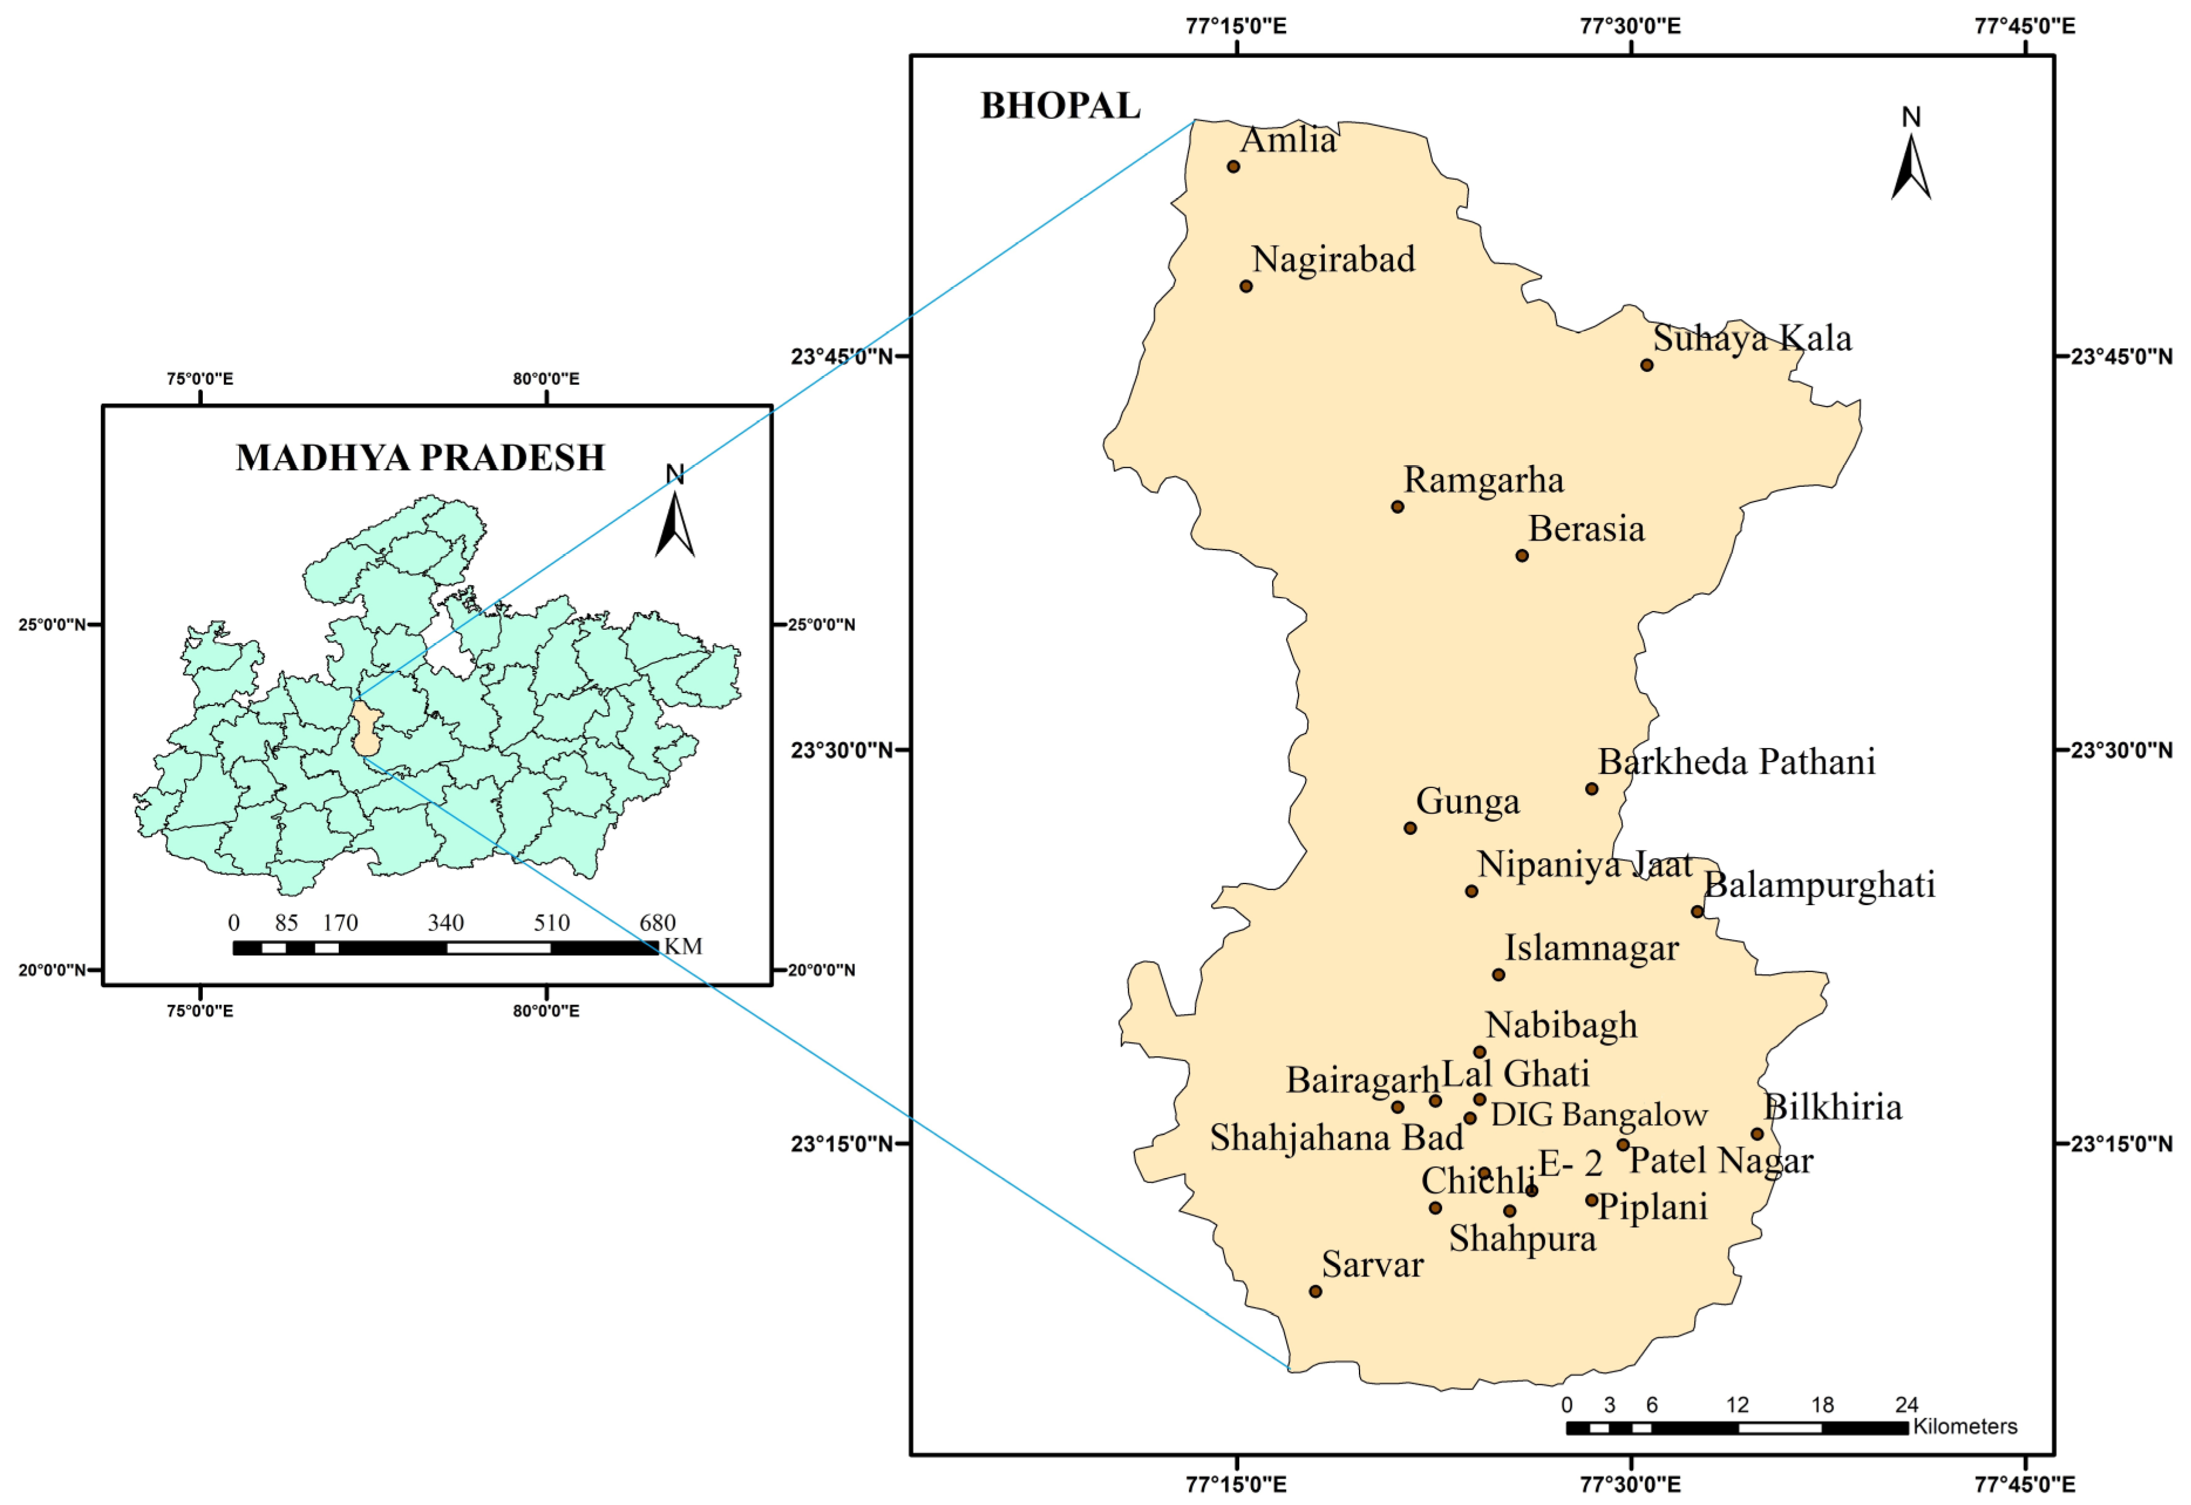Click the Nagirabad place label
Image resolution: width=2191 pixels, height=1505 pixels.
1333,260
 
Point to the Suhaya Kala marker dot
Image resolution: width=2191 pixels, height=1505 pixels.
1647,365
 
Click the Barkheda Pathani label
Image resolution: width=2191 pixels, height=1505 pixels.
1736,762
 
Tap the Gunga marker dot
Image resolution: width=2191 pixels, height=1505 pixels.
1410,828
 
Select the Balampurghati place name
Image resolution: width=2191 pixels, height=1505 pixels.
1819,885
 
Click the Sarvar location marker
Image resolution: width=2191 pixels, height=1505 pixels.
1316,1291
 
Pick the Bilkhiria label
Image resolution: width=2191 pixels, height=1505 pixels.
1832,1107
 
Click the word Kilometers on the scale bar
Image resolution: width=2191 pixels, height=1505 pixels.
1965,1426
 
